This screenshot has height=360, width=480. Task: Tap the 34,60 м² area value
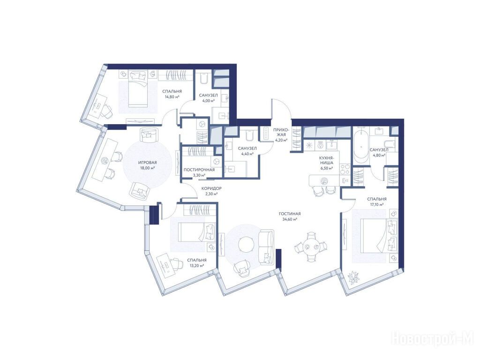tap(290, 219)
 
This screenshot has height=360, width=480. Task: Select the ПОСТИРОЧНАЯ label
tap(199, 170)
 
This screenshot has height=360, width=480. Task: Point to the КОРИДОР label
tap(211, 188)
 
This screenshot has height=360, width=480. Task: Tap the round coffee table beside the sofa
tap(246, 244)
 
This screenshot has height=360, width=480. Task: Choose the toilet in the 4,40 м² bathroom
tap(249, 135)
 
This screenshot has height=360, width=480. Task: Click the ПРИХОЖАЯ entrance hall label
tap(280, 132)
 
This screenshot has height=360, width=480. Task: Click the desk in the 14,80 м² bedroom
tap(97, 105)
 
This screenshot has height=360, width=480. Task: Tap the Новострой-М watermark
tap(433, 339)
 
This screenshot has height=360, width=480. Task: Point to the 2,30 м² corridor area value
tap(211, 194)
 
